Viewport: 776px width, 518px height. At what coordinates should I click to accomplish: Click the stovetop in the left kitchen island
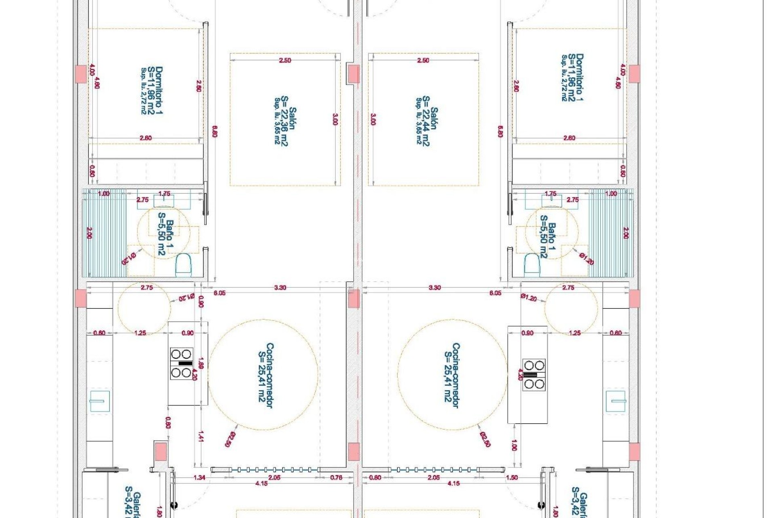(x=181, y=363)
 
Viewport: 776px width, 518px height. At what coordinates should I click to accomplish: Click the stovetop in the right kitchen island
(x=534, y=375)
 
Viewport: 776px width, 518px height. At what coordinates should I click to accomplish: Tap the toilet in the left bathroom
(x=183, y=265)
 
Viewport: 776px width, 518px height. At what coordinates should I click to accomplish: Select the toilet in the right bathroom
(x=532, y=265)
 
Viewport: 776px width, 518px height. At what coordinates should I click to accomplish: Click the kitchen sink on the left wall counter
(x=99, y=401)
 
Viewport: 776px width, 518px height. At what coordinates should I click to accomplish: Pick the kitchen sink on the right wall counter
(x=616, y=401)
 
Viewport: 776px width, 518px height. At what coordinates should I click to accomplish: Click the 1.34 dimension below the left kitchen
(x=199, y=478)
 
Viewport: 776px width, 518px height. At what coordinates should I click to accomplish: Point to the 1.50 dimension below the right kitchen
(x=512, y=478)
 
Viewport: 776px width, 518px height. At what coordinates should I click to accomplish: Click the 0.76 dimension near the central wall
(x=336, y=478)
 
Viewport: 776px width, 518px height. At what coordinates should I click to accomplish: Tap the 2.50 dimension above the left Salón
(x=285, y=60)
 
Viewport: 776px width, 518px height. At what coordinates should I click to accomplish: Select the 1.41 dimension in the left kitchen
(x=201, y=436)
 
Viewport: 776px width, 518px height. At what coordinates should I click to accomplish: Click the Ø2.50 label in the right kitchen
(x=485, y=439)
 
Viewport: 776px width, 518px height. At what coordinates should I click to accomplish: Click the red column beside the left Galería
(x=160, y=451)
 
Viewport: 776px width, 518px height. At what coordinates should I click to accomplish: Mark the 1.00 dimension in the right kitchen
(x=514, y=445)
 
